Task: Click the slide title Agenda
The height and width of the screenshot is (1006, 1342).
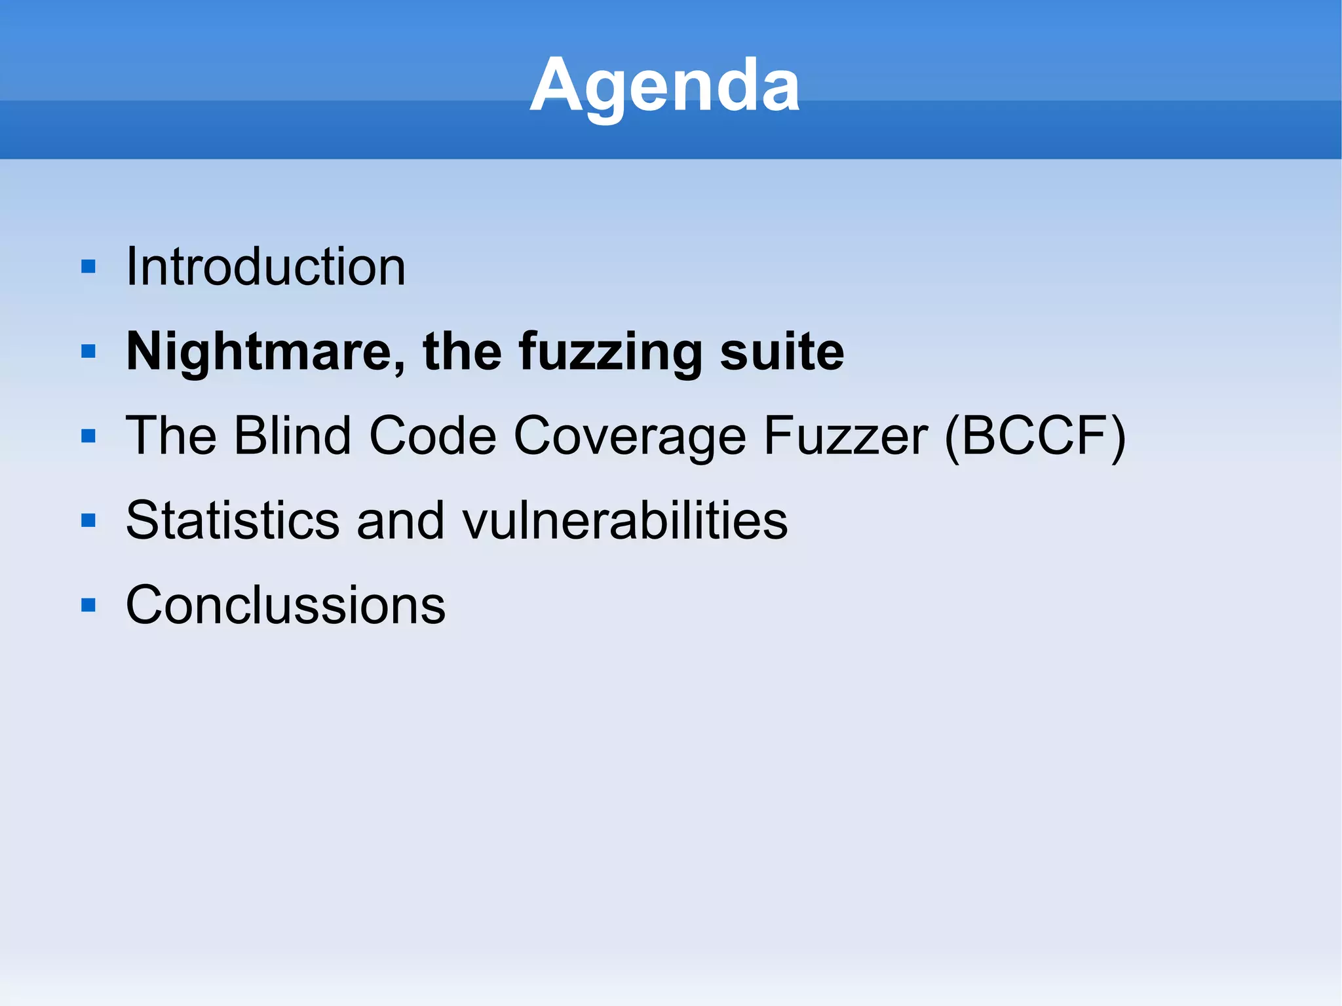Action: click(x=664, y=85)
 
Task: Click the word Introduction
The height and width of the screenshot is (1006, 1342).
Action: click(x=265, y=267)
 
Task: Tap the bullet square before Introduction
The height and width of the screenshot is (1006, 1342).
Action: click(x=88, y=267)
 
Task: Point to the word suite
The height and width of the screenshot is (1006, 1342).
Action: click(x=781, y=352)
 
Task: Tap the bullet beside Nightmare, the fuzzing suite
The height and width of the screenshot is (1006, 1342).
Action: click(x=88, y=352)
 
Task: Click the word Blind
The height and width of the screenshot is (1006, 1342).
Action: click(x=293, y=436)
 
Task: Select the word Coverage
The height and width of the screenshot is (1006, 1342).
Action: click(x=629, y=436)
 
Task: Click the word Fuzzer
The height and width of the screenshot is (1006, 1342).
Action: click(x=845, y=436)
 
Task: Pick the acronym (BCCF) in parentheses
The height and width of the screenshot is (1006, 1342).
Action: click(x=1035, y=436)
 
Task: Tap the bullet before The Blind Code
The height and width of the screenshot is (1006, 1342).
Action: click(x=88, y=436)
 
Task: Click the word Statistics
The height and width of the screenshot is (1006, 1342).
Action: click(x=233, y=520)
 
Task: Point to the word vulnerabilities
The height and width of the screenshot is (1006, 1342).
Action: click(x=624, y=520)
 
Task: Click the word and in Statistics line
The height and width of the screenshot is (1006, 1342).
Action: click(x=400, y=520)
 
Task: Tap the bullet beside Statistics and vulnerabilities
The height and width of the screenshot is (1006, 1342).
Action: click(x=88, y=520)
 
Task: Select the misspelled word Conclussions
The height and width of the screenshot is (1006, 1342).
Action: click(x=285, y=605)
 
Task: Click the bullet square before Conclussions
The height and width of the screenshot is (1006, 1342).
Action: click(x=88, y=605)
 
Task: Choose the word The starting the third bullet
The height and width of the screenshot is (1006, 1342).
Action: click(x=171, y=436)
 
